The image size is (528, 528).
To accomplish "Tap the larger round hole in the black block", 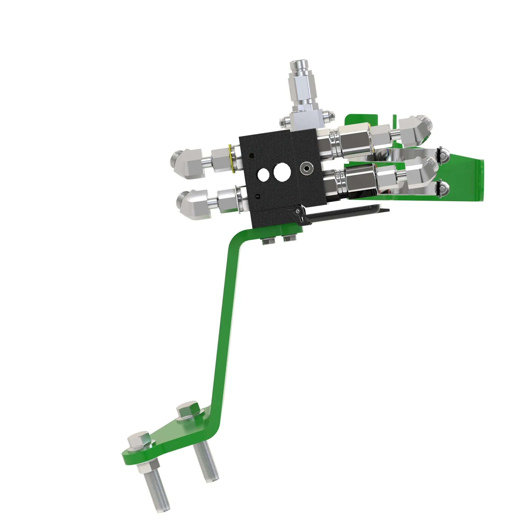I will point(282,172).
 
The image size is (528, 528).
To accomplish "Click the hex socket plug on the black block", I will point(305,169).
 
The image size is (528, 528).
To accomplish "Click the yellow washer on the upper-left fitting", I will point(232,159).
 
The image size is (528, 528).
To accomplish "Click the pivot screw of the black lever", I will point(297,211).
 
